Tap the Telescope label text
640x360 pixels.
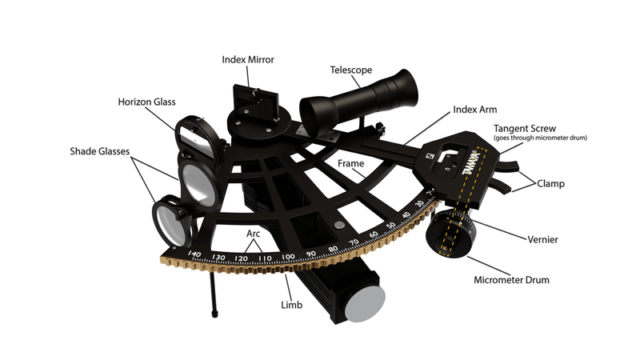coord(351,70)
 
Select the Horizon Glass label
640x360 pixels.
coord(146,102)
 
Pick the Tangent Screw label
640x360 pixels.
coord(525,128)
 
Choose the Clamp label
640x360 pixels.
coord(551,183)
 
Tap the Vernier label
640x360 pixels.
coord(542,239)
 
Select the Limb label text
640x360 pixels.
coord(291,306)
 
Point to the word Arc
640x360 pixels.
coord(254,234)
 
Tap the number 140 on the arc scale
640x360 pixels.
coord(193,254)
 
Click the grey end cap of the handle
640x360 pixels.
coord(363,303)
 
